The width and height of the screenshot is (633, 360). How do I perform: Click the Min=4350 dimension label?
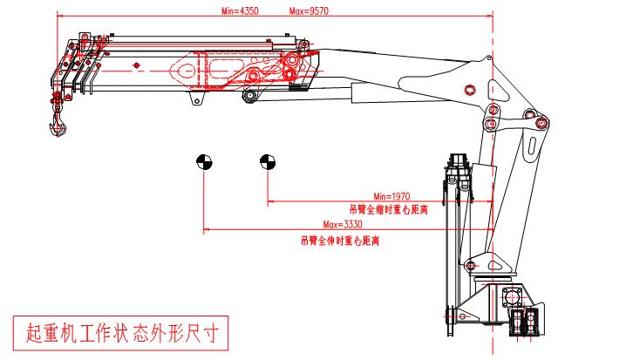[240, 12]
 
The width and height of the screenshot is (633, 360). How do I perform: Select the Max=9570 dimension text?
[308, 12]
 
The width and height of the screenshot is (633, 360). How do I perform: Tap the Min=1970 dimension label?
[391, 196]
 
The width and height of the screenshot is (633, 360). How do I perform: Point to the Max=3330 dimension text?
[342, 225]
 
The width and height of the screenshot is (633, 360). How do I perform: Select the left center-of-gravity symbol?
[203, 161]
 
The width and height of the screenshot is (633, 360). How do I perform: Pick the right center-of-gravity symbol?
[267, 161]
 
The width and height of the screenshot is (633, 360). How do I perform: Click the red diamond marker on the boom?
[137, 67]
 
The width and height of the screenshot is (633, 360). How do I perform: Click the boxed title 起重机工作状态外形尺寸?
[121, 331]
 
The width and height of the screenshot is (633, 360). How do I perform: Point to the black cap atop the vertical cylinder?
[457, 160]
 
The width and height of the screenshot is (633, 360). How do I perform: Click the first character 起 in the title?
[36, 331]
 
